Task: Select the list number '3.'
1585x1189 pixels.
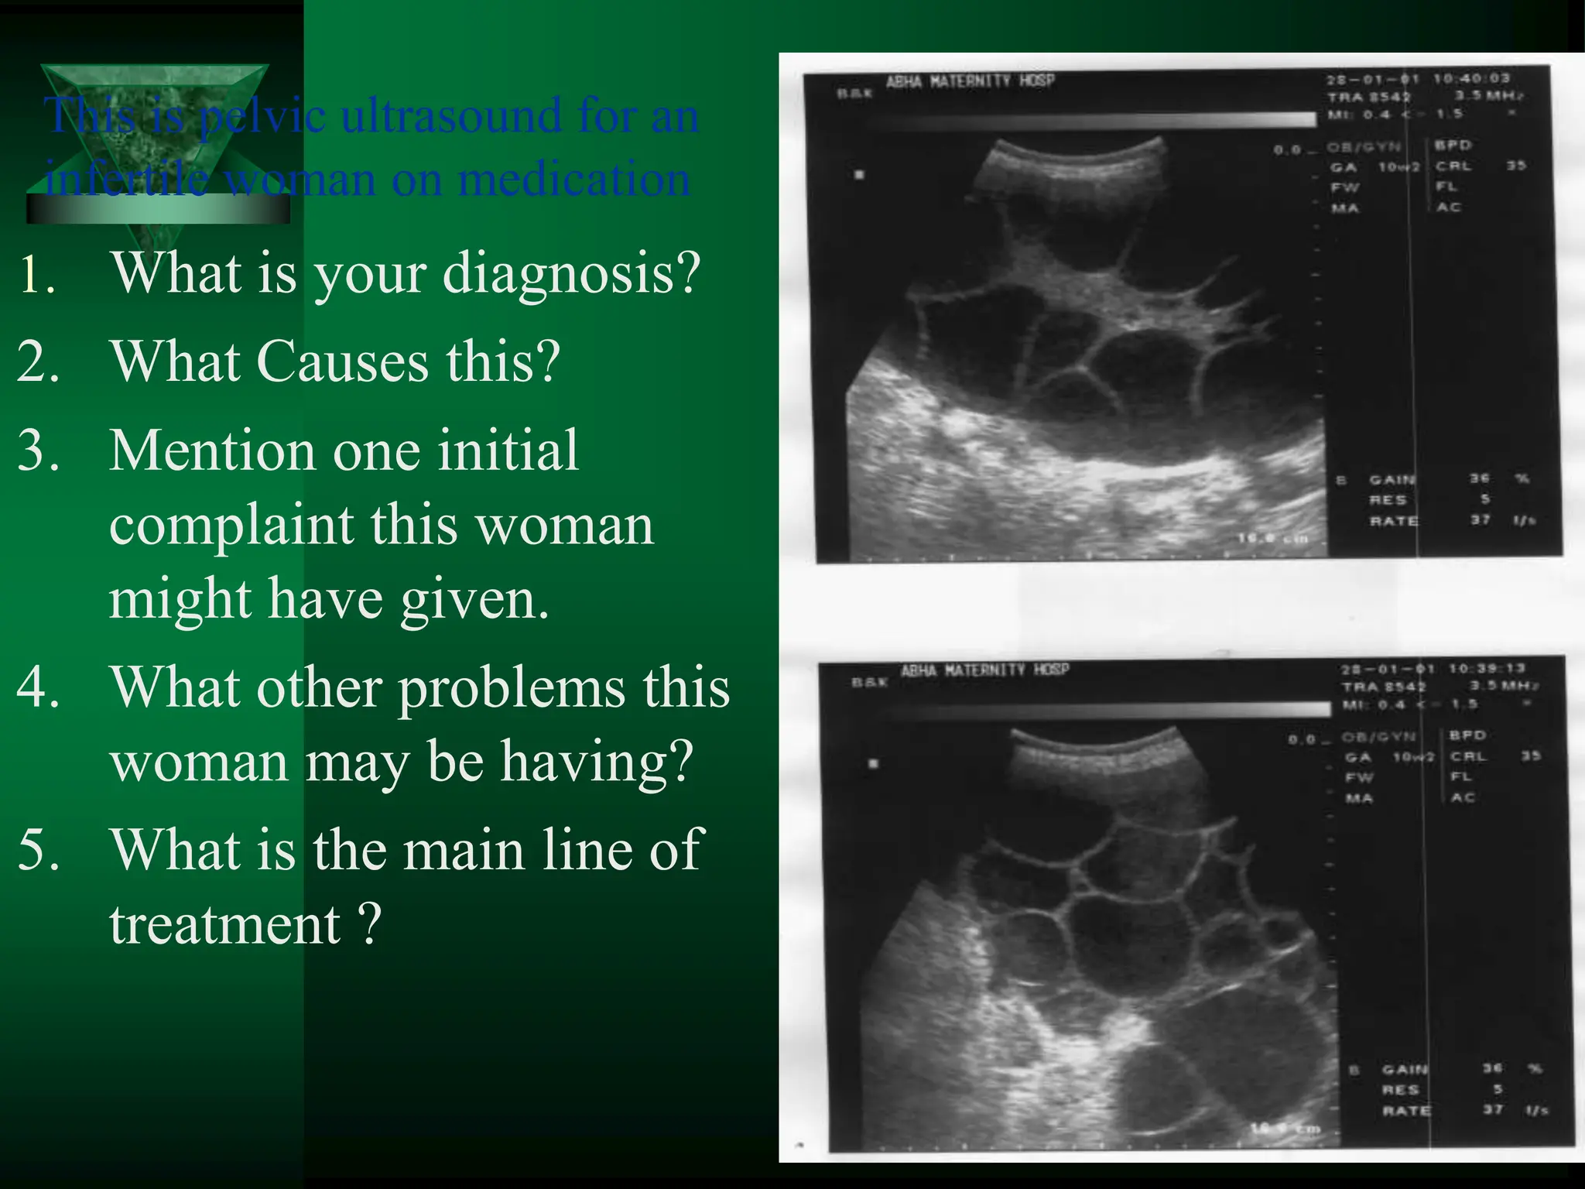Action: [x=38, y=451]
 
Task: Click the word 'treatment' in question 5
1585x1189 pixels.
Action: [x=224, y=924]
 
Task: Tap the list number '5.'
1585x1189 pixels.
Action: [x=38, y=850]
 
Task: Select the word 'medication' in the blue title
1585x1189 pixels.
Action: [x=573, y=180]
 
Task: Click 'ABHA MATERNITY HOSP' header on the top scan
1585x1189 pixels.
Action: [x=971, y=81]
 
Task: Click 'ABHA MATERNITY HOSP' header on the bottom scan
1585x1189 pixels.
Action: [x=984, y=670]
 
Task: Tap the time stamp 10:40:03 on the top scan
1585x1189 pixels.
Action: [x=1470, y=79]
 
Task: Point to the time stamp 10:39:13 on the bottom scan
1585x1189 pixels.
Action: [x=1486, y=669]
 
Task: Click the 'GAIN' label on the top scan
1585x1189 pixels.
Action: [x=1392, y=480]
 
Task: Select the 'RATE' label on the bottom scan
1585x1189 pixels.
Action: [x=1406, y=1111]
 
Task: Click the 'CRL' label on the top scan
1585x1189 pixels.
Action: [x=1453, y=166]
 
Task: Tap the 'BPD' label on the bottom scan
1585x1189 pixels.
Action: [x=1467, y=735]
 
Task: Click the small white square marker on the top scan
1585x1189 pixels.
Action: [x=858, y=175]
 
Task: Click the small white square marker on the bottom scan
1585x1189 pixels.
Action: [x=874, y=764]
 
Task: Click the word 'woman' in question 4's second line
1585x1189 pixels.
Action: [x=200, y=762]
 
